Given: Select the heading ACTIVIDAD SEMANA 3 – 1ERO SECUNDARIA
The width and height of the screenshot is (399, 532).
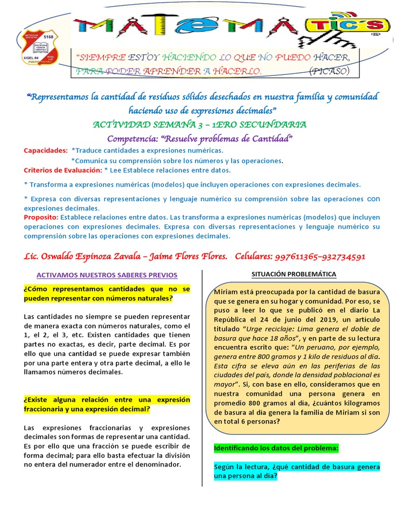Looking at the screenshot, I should [x=199, y=125].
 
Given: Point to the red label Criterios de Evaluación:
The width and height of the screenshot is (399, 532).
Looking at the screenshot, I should [x=62, y=170].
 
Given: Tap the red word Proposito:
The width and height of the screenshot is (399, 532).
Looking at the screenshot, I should [x=42, y=217].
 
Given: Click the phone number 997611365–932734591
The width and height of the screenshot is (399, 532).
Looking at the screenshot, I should [x=320, y=256].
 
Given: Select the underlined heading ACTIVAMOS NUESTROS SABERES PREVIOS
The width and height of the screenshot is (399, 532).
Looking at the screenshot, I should [x=107, y=275].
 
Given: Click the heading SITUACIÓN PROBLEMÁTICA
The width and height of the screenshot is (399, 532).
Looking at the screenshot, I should [x=294, y=274].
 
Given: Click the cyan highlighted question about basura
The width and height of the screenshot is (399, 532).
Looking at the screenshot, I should [x=297, y=471].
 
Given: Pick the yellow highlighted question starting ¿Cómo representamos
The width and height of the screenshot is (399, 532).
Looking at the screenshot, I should [x=107, y=294].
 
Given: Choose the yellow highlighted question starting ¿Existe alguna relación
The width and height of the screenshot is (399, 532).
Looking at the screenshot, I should [x=107, y=404].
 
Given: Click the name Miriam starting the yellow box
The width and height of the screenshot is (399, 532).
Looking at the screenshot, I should [x=225, y=292].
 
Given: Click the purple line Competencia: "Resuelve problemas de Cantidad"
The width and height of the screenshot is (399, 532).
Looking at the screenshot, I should [x=200, y=138].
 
